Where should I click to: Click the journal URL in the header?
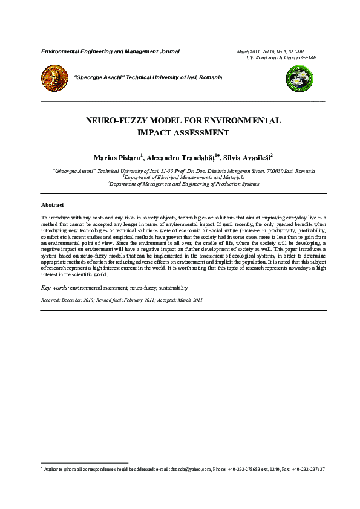283,57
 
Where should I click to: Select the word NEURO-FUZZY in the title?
114,120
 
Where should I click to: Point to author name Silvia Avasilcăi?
248,158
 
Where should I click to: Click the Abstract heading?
52,206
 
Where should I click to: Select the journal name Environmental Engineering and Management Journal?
110,51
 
